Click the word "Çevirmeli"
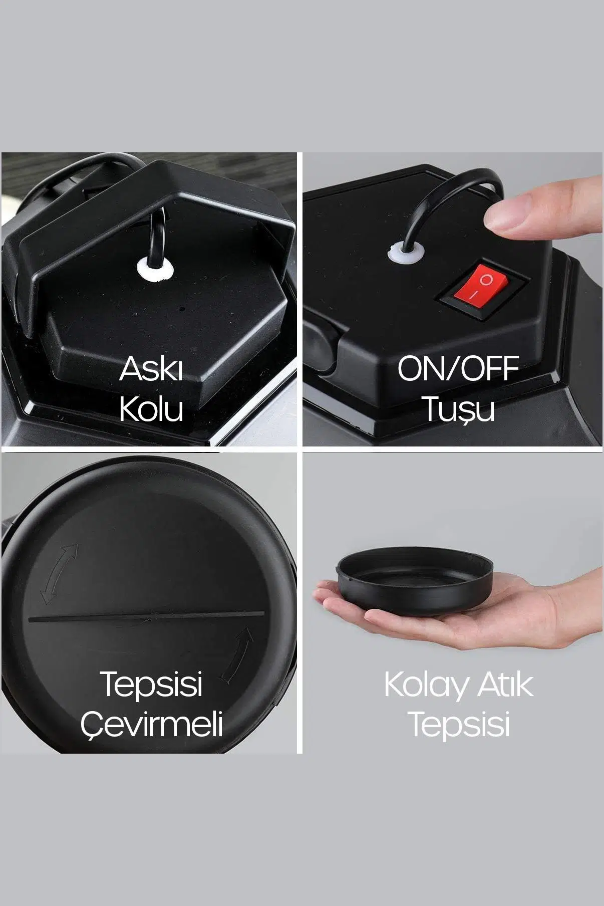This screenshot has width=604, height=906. (x=151, y=724)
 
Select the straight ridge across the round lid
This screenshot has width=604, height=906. (x=147, y=616)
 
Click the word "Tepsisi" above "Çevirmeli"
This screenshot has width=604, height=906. (x=151, y=684)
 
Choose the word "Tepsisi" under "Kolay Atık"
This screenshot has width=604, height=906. (x=459, y=725)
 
